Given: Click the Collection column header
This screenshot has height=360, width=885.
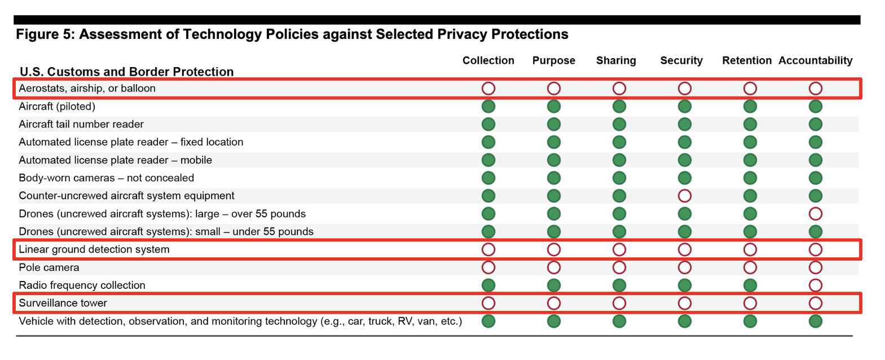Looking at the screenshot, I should (488, 60).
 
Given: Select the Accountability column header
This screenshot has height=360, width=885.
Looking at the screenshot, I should (815, 60).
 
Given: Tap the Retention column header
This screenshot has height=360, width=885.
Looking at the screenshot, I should (746, 60).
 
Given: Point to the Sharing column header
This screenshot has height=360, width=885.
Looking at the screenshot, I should (616, 60).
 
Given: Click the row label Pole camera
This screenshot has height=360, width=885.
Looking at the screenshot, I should (49, 267).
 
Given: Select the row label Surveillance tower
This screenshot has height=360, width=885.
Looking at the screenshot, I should (63, 303).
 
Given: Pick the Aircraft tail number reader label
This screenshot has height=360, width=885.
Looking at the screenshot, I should (81, 124).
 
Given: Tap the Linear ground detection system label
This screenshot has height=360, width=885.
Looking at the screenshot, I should (94, 249).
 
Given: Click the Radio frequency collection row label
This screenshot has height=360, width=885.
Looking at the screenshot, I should (82, 286).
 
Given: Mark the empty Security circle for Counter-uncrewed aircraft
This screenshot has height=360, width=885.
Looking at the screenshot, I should (684, 196).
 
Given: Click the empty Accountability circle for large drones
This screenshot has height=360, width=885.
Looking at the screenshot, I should (815, 214).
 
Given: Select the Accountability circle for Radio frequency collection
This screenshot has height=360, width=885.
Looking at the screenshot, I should (815, 286).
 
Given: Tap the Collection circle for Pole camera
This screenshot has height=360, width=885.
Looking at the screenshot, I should (488, 267).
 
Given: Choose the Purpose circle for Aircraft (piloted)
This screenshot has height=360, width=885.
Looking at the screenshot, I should (554, 106).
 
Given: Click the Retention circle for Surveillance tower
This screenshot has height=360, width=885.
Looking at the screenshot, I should (750, 303).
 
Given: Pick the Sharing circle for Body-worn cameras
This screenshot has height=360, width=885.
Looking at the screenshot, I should (619, 178).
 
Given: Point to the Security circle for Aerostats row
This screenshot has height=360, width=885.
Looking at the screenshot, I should (684, 89).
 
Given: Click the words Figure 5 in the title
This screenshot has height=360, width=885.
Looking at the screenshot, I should (45, 34).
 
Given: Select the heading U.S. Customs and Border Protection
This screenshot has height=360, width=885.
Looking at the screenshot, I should (126, 72).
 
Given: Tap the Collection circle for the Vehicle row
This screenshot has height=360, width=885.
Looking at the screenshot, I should (488, 321).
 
